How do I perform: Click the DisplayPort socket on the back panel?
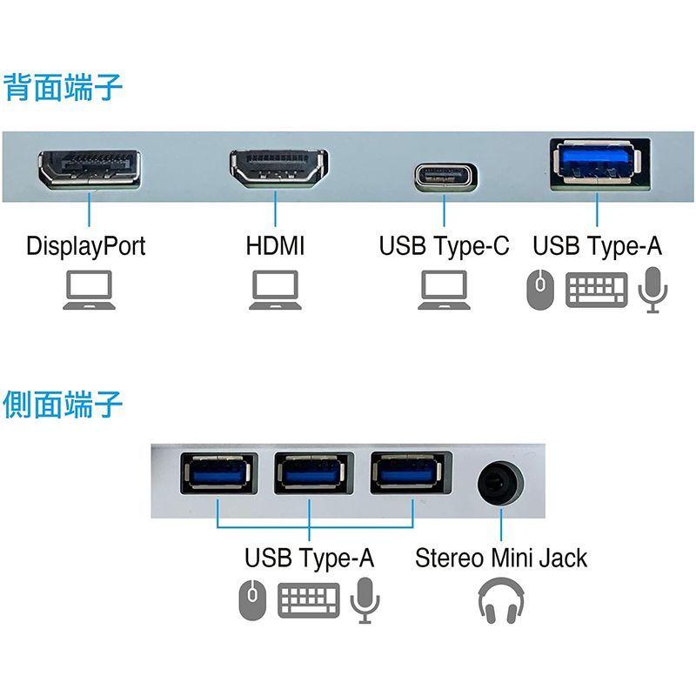tap(90, 168)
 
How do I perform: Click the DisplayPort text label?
tap(86, 245)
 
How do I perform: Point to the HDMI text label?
tap(275, 245)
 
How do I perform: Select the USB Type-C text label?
tap(444, 245)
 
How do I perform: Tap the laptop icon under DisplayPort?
tap(89, 291)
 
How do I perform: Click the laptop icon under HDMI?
tap(275, 291)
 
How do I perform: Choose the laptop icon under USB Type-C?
tap(444, 291)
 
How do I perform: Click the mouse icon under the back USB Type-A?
tap(539, 290)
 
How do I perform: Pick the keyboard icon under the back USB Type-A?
tap(596, 290)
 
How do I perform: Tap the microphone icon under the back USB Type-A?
tap(651, 290)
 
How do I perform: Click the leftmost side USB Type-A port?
tap(218, 473)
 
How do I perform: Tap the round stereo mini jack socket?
tap(500, 482)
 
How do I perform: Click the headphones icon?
tap(501, 600)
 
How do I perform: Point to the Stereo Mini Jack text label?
tap(501, 558)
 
